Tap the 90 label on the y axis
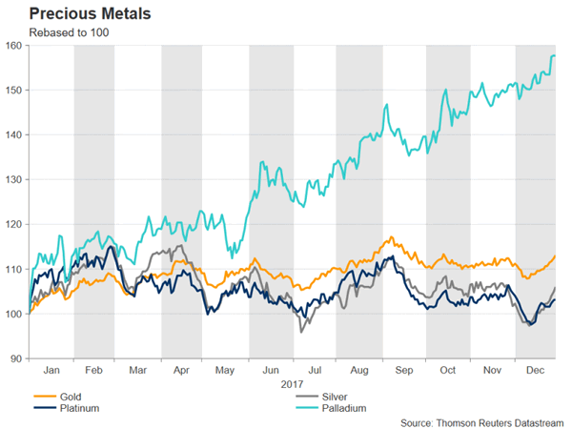click(x=16, y=358)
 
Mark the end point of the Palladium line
click(x=557, y=56)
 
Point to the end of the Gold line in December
click(x=557, y=255)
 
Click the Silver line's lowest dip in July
click(x=301, y=331)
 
